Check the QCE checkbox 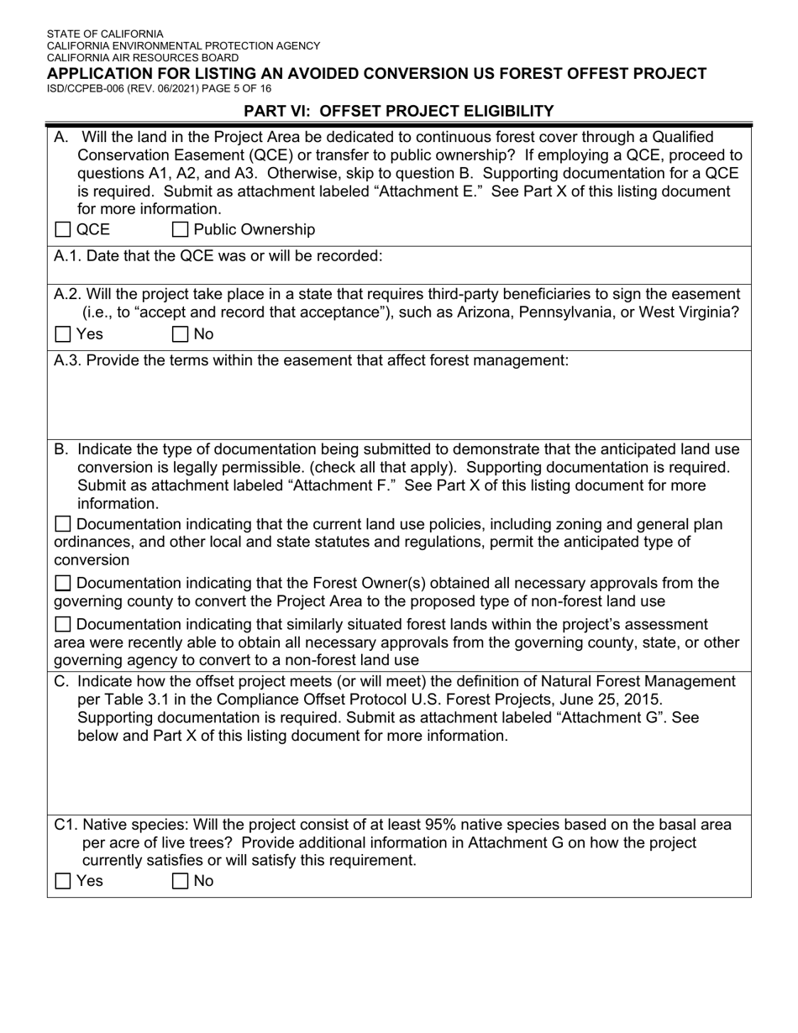click(62, 230)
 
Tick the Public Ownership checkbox click(180, 230)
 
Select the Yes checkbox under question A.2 click(62, 334)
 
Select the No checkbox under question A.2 click(180, 334)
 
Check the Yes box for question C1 click(62, 881)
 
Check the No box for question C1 click(180, 881)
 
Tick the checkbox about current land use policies click(62, 525)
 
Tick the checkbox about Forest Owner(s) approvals click(62, 583)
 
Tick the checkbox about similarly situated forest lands click(62, 624)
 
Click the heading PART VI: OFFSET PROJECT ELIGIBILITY click(398, 111)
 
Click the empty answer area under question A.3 click(399, 403)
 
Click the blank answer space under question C click(399, 777)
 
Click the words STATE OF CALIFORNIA click(105, 34)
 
